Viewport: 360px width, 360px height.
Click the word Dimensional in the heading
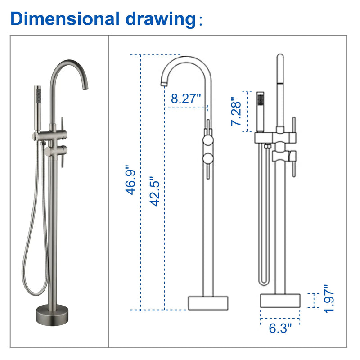65,18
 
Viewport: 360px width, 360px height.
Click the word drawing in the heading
161,20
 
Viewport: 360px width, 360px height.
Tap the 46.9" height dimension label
130,180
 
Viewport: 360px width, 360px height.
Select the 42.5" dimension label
155,191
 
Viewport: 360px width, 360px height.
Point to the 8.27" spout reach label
186,98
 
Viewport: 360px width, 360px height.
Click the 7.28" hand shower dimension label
236,111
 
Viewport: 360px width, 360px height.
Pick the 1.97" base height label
329,299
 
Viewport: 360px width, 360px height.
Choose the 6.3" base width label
280,328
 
